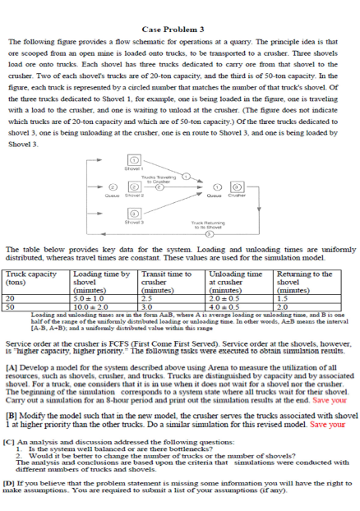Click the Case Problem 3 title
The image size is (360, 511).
(x=179, y=29)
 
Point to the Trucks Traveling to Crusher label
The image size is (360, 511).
(x=155, y=178)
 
